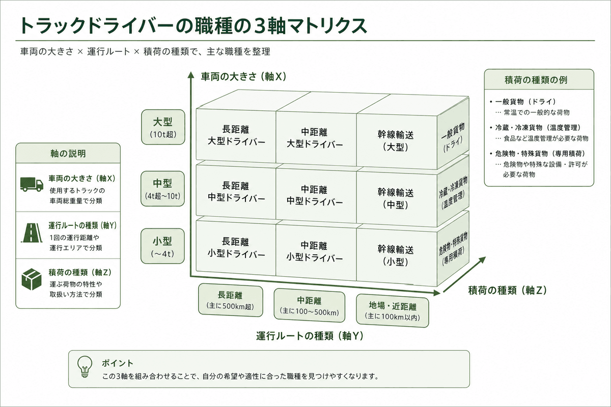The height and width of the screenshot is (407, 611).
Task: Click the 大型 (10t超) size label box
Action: [163, 127]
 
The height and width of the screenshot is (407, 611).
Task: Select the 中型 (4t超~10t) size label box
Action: [162, 188]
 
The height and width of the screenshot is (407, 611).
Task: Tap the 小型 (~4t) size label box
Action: [162, 246]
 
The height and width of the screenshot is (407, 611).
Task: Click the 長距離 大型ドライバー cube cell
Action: [236, 135]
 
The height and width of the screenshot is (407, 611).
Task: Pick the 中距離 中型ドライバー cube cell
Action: [316, 195]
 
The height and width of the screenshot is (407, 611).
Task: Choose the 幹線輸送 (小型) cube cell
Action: [397, 255]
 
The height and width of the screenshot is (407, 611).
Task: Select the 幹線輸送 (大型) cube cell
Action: [397, 140]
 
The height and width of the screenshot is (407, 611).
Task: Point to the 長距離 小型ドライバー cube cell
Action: [236, 248]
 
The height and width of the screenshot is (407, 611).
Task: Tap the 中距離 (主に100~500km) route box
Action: [310, 306]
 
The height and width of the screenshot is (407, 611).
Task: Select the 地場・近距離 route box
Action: [392, 311]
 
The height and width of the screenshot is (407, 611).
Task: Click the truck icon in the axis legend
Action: [32, 184]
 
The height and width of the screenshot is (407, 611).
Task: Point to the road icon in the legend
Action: [32, 233]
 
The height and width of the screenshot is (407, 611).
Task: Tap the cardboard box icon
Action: [32, 279]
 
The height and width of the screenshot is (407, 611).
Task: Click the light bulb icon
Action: [85, 367]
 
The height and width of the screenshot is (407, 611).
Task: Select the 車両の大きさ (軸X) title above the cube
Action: [243, 77]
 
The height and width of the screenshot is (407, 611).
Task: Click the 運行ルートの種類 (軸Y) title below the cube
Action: [310, 336]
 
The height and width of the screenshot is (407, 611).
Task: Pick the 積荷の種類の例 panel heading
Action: [536, 80]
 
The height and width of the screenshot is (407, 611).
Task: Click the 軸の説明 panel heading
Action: [68, 154]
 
